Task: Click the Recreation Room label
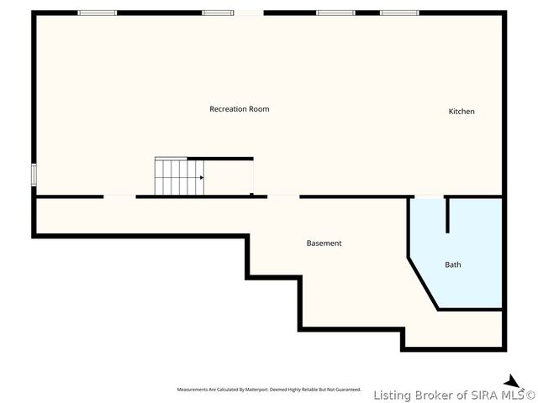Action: tap(240, 109)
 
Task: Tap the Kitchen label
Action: tap(462, 112)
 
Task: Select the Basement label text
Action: tap(324, 243)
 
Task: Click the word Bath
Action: tap(452, 265)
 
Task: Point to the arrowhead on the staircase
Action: tap(201, 177)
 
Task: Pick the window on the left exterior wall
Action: tap(34, 175)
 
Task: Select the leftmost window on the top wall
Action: tap(98, 13)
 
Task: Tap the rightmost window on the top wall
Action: tap(399, 13)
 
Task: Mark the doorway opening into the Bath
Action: tap(429, 197)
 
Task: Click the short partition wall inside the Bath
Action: tap(447, 215)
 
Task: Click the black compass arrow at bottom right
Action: tap(511, 381)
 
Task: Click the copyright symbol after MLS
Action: tap(530, 395)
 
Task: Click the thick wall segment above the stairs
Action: tap(220, 158)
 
